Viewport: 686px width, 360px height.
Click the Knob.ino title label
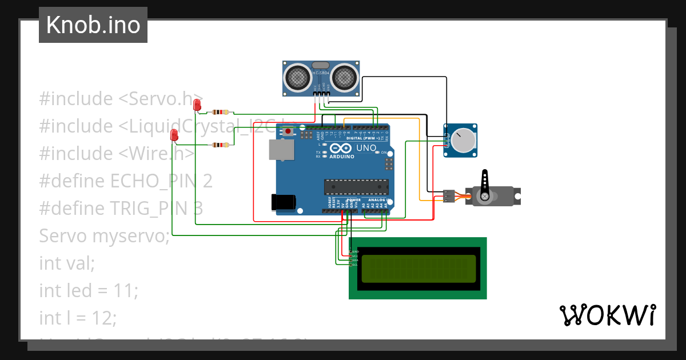pos(93,25)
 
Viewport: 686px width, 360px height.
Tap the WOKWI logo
pos(607,315)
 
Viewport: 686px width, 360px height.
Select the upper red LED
pos(197,105)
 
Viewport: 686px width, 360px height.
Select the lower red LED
pos(174,135)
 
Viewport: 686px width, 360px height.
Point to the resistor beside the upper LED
pos(220,113)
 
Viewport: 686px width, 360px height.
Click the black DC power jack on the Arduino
pos(284,202)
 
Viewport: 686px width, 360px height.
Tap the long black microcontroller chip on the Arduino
pos(356,187)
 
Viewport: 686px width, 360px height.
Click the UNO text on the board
pos(366,149)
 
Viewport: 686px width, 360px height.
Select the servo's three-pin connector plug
pos(449,196)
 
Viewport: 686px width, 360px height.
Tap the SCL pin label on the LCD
pos(354,265)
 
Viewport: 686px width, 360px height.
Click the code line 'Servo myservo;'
pos(105,235)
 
